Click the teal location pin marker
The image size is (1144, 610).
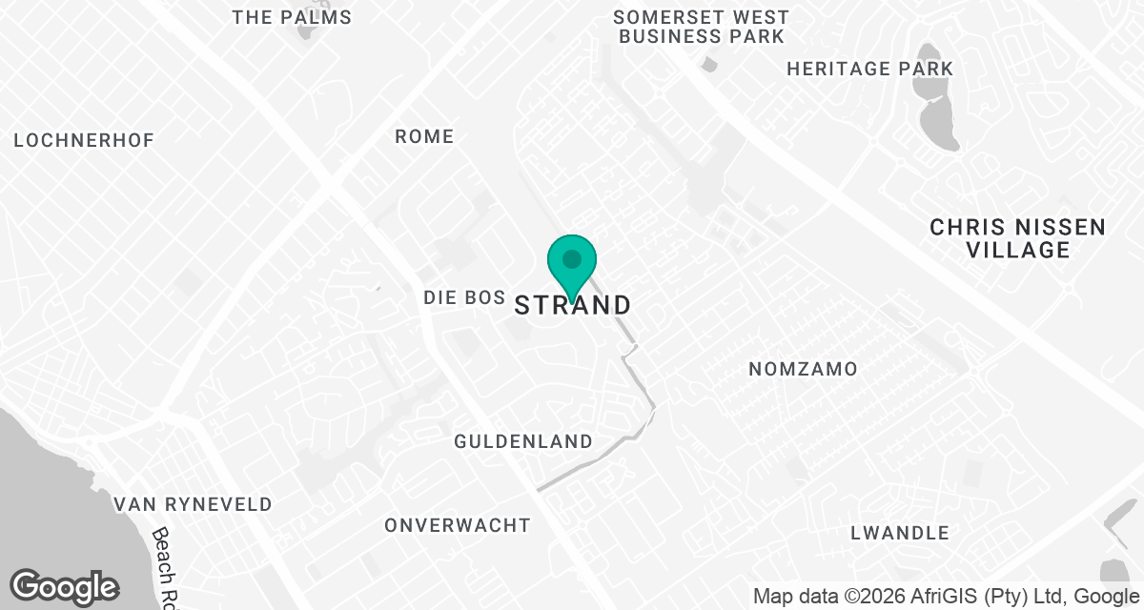[x=571, y=262]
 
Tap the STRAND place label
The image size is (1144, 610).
[x=573, y=305]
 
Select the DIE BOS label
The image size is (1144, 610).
[x=463, y=298]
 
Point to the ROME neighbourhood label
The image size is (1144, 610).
[x=424, y=136]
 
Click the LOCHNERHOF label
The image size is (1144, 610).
[x=84, y=140]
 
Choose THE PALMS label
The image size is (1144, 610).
[x=292, y=17]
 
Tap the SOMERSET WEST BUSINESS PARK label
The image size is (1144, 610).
[x=701, y=27]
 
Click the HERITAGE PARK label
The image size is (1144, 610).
[x=869, y=69]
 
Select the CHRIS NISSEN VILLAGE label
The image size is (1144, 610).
[x=1017, y=238]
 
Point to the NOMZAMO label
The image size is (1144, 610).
[x=803, y=369]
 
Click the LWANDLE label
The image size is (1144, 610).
[x=900, y=533]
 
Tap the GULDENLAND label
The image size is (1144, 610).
[x=522, y=441]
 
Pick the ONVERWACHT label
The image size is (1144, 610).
[x=458, y=525]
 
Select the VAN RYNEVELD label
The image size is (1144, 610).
[x=193, y=504]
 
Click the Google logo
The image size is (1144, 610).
[x=64, y=585]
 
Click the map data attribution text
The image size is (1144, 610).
[x=947, y=597]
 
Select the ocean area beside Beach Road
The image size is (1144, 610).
[x=38, y=477]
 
